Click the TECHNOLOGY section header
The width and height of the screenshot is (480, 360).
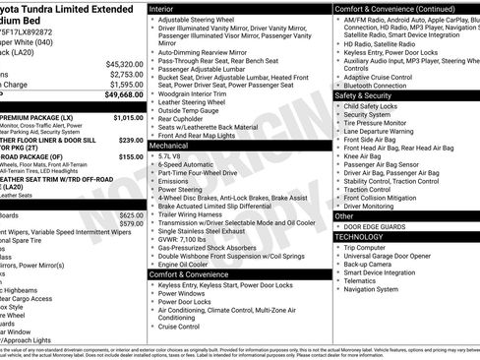362,237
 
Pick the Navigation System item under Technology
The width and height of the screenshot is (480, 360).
371,289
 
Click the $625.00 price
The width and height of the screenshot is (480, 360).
131,213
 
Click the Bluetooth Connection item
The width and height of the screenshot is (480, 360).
379,86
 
